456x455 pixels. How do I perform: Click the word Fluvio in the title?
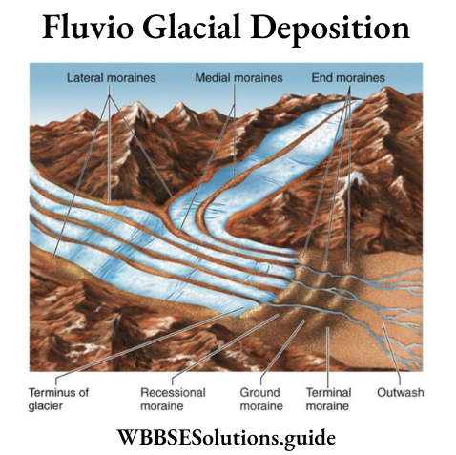pos(88,28)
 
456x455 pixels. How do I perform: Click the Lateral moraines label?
pos(112,78)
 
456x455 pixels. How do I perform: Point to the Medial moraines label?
pos(238,78)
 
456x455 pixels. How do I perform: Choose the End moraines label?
pos(348,78)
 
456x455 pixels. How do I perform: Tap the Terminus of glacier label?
pos(59,399)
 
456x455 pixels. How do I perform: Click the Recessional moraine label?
pos(173,399)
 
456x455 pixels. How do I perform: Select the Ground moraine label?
pos(261,399)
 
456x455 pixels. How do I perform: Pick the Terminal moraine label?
pos(328,399)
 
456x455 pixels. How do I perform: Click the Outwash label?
pos(401,392)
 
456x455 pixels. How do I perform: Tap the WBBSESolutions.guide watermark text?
pos(226,438)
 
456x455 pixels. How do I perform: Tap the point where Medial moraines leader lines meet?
pos(235,105)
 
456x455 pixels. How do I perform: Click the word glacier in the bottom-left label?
pos(46,406)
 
